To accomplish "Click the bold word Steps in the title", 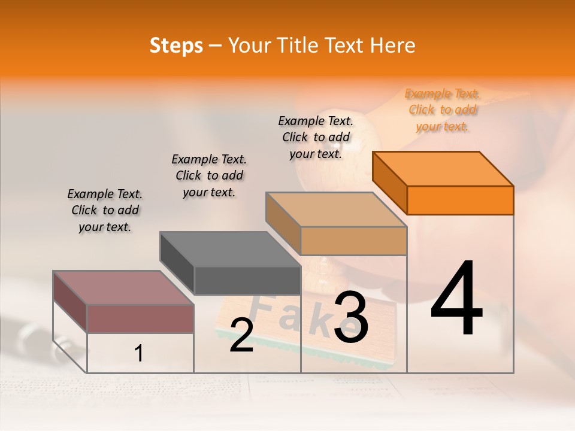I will (176, 45).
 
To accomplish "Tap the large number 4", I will (456, 299).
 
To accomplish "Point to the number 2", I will (241, 335).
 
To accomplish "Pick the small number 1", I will (139, 354).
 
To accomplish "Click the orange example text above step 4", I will (443, 110).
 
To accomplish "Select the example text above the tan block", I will (316, 137).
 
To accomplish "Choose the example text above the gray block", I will (209, 175).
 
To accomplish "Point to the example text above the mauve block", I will (105, 210).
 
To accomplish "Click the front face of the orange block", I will (460, 200).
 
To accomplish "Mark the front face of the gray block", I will (247, 280).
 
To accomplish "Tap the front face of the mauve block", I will (140, 318).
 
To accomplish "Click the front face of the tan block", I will (353, 241).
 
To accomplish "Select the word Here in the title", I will (394, 45).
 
